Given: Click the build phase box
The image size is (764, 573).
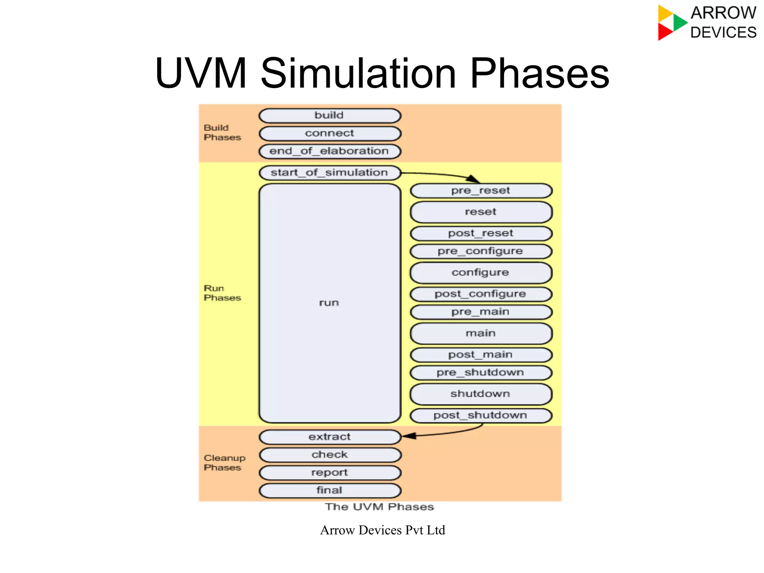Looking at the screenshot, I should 330,116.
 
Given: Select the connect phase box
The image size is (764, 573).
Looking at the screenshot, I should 330,133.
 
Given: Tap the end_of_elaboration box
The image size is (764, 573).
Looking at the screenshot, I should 330,151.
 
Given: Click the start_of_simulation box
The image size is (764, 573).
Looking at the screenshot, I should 330,173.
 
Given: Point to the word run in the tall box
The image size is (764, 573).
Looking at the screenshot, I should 329,303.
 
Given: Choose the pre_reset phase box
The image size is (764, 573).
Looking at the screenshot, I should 481,191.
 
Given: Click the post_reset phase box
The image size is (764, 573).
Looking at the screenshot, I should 481,233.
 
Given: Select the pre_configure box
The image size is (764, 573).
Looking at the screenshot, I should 481,251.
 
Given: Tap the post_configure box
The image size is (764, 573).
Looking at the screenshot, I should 481,294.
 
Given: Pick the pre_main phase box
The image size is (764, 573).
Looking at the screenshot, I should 481,312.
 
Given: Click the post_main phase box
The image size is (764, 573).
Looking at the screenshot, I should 481,355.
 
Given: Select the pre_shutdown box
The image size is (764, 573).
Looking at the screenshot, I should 481,373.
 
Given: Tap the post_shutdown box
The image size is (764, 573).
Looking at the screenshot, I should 481,416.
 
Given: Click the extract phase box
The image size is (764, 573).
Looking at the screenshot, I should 330,437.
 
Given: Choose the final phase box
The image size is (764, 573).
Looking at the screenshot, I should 330,491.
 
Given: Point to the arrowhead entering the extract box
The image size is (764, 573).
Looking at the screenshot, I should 409,436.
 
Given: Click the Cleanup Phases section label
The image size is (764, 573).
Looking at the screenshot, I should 224,463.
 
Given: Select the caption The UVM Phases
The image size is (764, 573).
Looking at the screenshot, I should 379,507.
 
